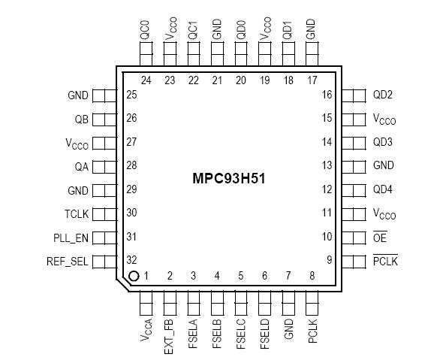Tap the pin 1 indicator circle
click(x=134, y=277)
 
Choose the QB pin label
click(x=82, y=119)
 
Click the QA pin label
click(x=82, y=166)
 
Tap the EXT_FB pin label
click(x=169, y=335)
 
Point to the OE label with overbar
click(x=380, y=237)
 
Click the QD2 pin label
click(x=383, y=95)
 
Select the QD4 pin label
click(x=383, y=190)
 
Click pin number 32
click(x=131, y=261)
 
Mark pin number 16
click(x=327, y=95)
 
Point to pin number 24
click(x=146, y=80)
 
